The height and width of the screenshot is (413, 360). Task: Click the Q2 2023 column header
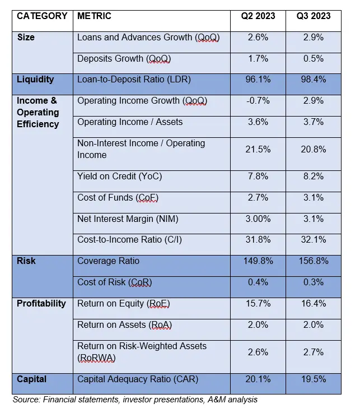258,16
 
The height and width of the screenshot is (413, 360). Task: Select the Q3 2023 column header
314,16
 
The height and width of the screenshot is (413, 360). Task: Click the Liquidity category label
35,79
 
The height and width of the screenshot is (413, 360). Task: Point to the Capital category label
31,379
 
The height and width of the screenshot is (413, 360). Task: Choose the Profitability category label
41,303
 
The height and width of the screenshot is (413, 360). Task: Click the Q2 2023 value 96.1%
258,79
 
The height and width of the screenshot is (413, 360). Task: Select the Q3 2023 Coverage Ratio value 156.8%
314,261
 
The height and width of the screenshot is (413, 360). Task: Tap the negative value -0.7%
258,101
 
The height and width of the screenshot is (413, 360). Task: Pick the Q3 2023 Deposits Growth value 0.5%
314,58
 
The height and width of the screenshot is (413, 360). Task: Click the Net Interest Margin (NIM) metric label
128,219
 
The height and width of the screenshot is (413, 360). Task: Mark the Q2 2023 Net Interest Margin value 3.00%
258,219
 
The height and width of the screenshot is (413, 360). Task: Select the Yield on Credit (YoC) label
119,176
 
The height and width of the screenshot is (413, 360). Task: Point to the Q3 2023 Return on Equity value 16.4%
314,303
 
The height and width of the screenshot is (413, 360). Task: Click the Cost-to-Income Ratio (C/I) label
129,240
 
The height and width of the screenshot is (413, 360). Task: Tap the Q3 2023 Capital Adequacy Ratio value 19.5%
314,379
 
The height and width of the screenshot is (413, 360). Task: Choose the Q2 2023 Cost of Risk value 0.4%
258,282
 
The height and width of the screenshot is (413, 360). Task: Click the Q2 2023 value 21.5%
258,150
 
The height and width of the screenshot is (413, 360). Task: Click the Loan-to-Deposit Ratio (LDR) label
134,79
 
